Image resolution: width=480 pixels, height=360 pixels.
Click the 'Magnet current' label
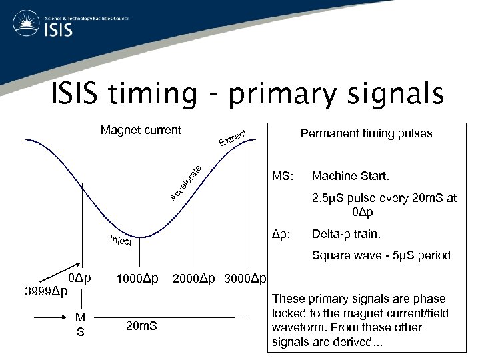(141, 130)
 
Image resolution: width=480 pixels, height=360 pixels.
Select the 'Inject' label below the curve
(120, 240)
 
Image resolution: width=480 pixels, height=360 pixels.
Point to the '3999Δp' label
(45, 291)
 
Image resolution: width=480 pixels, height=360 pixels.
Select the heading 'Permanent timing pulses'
(366, 133)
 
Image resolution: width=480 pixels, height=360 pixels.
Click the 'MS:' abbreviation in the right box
(281, 177)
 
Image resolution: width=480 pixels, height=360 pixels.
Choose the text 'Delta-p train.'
(345, 234)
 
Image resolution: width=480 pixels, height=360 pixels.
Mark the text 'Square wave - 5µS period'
(381, 255)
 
